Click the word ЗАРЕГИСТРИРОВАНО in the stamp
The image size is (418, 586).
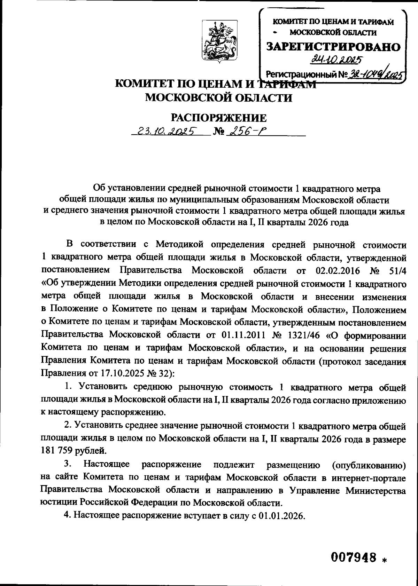click(x=333, y=47)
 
